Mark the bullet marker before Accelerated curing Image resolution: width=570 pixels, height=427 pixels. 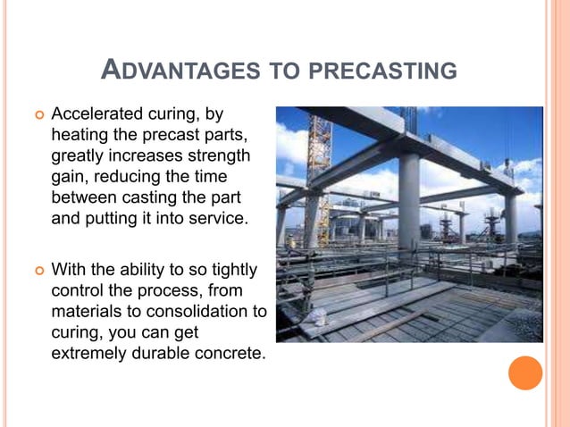(38, 116)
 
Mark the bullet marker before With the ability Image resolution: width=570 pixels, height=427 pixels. (38, 271)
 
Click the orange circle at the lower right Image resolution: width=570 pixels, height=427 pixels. (524, 373)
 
